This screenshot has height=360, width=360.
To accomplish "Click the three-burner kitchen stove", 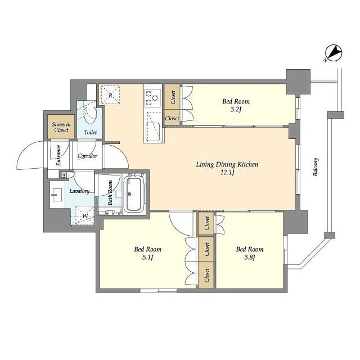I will coord(152,98).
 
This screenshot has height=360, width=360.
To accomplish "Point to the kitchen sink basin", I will coord(150,131).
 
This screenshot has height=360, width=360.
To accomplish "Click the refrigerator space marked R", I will coord(111,94).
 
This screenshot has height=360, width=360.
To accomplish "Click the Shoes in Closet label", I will coord(60,127).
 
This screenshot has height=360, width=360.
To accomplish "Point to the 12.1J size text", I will coord(227,174).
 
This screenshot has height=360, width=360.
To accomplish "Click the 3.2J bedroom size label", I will coord(236,110).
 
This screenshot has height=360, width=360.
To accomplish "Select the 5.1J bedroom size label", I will coord(147,258).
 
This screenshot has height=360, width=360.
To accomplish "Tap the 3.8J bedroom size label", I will coord(249,258).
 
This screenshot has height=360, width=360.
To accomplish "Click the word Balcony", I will coord(316,166).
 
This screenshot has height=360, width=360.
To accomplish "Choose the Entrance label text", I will coord(58,155).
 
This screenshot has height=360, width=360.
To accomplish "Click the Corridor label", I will coord(88,156).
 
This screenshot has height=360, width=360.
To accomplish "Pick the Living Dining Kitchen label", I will coord(227,165).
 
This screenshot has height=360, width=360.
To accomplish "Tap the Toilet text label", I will coord(90,133).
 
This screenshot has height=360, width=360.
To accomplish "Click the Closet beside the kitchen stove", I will coord(172,94).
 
